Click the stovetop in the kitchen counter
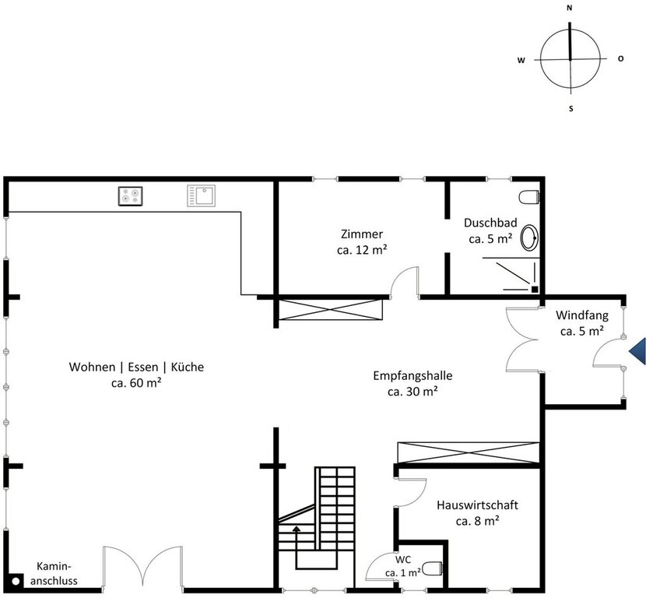(130, 195)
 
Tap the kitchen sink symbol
(201, 195)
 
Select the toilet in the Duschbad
(529, 197)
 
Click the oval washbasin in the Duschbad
(529, 237)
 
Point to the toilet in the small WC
(433, 568)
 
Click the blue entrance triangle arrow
(637, 351)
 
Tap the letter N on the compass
(570, 8)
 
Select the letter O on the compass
(621, 58)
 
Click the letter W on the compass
(521, 60)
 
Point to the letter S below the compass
(571, 109)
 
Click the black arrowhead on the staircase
(296, 529)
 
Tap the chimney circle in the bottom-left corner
(16, 582)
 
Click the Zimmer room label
(362, 234)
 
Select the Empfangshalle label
(413, 375)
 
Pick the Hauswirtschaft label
(478, 505)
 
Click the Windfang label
(582, 315)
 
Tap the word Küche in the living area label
(188, 367)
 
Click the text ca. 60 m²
(136, 382)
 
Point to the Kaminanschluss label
(54, 573)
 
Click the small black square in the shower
(535, 290)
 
